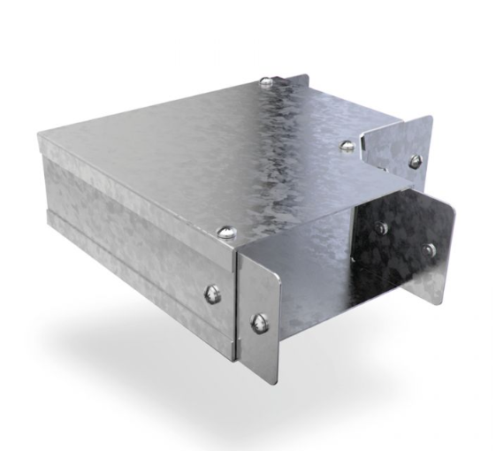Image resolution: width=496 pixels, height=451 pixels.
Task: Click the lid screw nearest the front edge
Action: tap(225, 233)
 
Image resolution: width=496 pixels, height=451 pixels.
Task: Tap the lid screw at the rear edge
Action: tap(266, 83)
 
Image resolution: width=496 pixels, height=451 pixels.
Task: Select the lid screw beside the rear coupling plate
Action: tap(348, 145)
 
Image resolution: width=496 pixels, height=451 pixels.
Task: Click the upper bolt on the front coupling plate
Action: tap(211, 294)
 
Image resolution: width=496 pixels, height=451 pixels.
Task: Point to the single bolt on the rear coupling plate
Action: tap(414, 161)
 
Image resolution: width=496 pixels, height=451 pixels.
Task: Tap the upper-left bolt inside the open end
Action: tap(380, 228)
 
